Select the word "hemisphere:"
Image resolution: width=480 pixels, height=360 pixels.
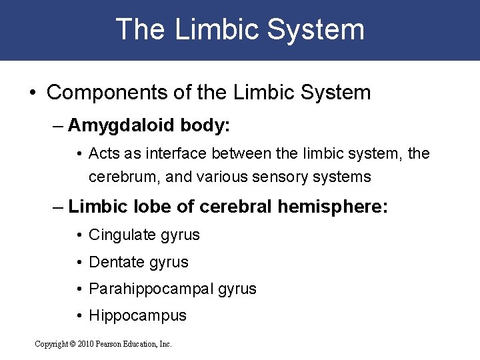click(332, 207)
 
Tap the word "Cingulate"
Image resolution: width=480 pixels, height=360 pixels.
click(120, 235)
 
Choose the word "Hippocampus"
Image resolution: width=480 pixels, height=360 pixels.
click(137, 316)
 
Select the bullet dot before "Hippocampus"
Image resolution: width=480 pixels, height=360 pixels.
click(80, 316)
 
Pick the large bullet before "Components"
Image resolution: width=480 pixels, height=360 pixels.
click(33, 92)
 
